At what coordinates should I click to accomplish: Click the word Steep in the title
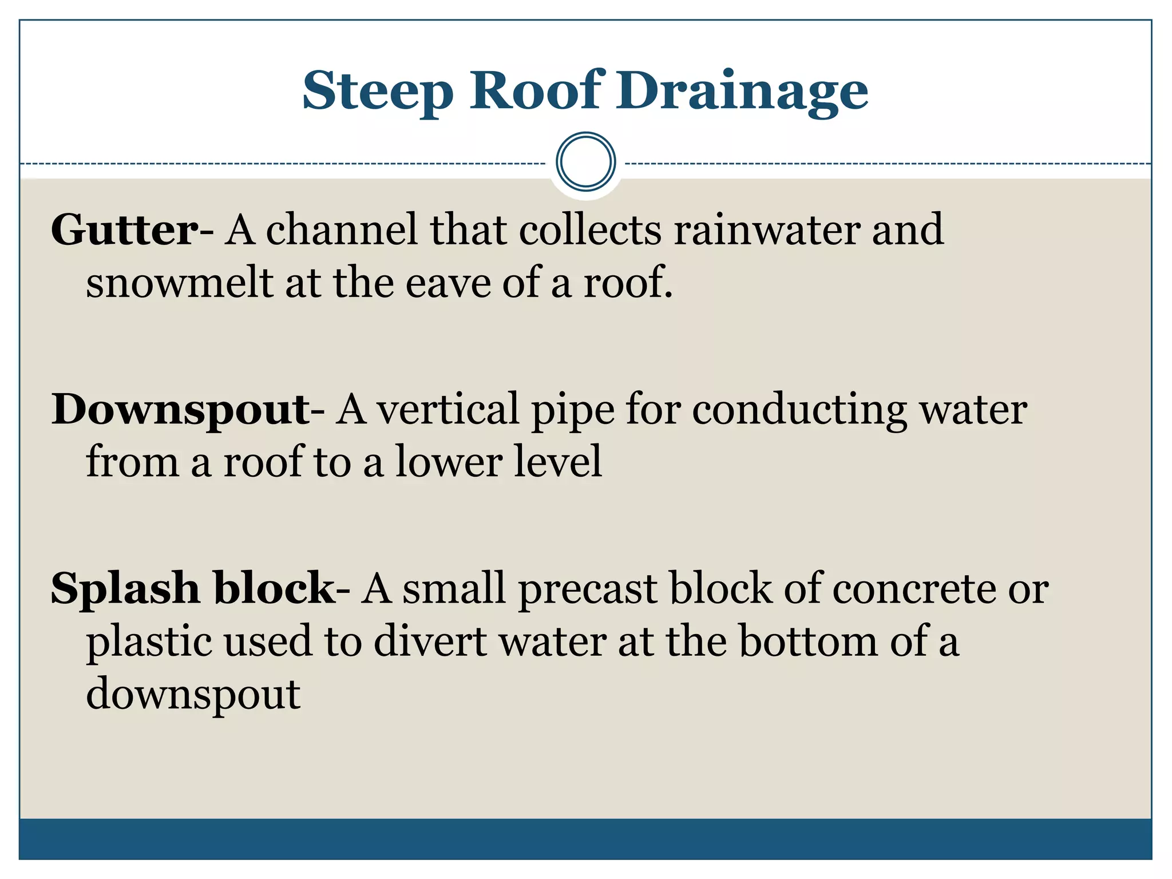coord(378,92)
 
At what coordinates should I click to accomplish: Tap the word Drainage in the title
coord(742,92)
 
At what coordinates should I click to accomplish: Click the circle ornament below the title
coord(585,162)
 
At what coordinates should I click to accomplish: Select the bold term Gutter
coord(125,230)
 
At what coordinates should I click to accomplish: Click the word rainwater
coord(766,230)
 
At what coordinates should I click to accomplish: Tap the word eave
coord(448,283)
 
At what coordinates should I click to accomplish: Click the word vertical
coord(447,410)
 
